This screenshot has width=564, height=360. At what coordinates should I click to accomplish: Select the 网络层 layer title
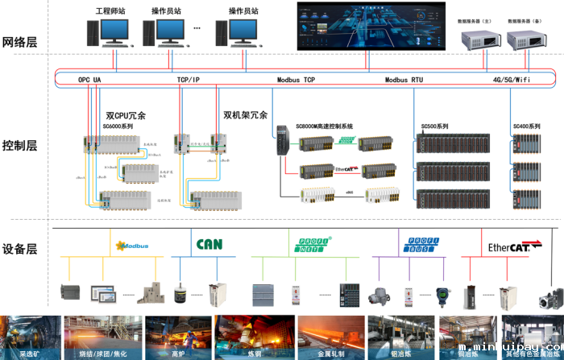(20, 43)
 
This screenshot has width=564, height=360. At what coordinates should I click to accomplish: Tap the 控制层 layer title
(20, 146)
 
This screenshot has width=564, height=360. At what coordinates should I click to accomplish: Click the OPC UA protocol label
(89, 80)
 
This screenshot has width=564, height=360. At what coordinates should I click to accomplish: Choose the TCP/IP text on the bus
(188, 80)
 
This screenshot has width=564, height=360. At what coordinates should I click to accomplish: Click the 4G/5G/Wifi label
(512, 80)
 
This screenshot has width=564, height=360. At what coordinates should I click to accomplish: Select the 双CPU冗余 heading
(126, 116)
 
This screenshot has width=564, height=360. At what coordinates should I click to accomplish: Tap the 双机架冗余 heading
(245, 115)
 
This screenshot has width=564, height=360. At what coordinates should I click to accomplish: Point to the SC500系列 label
(434, 126)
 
